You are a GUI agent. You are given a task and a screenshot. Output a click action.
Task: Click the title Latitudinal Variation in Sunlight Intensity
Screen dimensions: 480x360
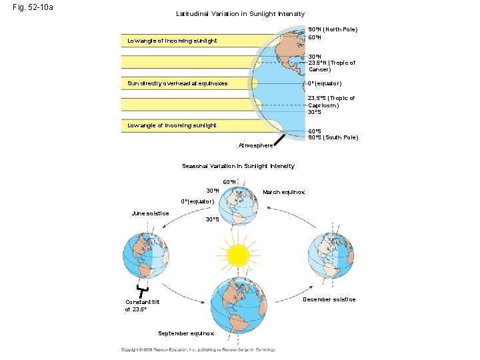pyautogui.click(x=240, y=13)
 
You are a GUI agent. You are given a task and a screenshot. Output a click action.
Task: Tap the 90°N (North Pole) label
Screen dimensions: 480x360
pyautogui.click(x=333, y=29)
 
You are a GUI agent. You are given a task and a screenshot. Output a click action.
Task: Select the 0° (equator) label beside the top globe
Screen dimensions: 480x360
pyautogui.click(x=324, y=83)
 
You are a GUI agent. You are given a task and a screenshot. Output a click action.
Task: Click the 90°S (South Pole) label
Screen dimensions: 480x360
pyautogui.click(x=333, y=137)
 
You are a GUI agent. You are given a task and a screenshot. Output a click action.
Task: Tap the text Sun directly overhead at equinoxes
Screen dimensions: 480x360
pyautogui.click(x=177, y=83)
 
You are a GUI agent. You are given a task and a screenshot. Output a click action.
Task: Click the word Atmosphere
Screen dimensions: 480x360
pyautogui.click(x=255, y=145)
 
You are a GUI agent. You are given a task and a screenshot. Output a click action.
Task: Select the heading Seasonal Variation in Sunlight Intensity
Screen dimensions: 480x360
pyautogui.click(x=238, y=166)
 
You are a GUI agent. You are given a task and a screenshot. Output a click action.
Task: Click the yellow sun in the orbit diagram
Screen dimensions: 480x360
pyautogui.click(x=237, y=255)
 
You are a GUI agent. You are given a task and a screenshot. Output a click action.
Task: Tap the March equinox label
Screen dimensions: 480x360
pyautogui.click(x=283, y=192)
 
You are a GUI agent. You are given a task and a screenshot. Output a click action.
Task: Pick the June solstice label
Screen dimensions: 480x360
pyautogui.click(x=150, y=213)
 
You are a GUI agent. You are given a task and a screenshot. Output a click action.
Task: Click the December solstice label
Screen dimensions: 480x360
pyautogui.click(x=329, y=299)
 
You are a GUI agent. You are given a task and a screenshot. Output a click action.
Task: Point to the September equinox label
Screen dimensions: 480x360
pyautogui.click(x=186, y=333)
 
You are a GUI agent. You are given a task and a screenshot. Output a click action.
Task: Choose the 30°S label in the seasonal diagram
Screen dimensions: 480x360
pyautogui.click(x=212, y=219)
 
